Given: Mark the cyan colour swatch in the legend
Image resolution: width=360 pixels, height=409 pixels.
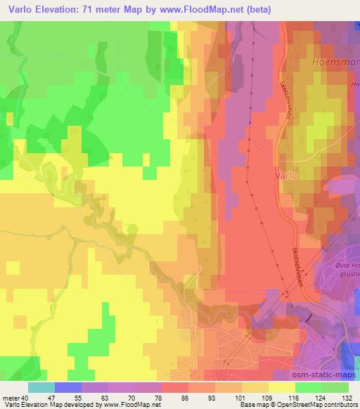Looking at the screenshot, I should tap(41, 387).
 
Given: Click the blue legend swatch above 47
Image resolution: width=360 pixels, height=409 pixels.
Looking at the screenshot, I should tap(68, 387).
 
